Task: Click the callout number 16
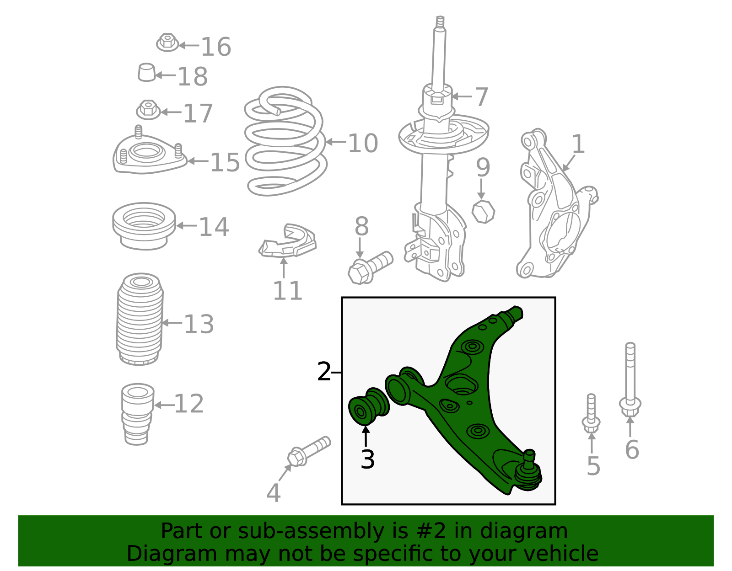click(x=216, y=47)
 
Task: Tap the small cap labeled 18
click(x=146, y=72)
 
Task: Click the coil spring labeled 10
click(x=285, y=141)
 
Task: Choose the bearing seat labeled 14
click(x=144, y=226)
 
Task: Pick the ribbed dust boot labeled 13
click(x=140, y=319)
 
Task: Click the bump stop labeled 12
click(x=137, y=414)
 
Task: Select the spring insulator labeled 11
click(x=287, y=241)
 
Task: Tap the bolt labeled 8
click(x=370, y=268)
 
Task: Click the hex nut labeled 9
click(x=483, y=211)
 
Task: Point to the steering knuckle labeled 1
click(x=556, y=203)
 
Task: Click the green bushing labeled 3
click(x=369, y=406)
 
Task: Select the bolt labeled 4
click(x=309, y=451)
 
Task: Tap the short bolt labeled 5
click(x=591, y=414)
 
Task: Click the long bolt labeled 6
click(x=630, y=380)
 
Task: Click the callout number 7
click(x=481, y=97)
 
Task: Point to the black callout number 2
click(x=324, y=372)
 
